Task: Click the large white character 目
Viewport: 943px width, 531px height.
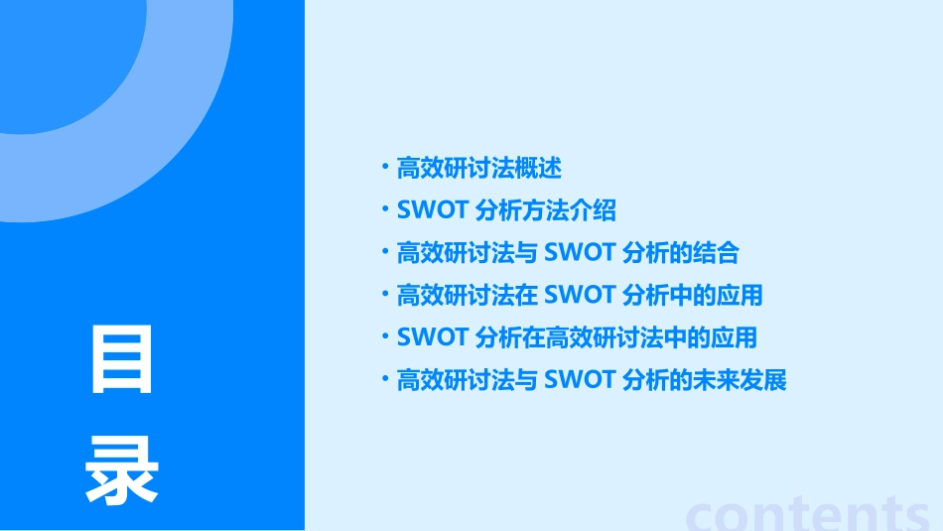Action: [122, 360]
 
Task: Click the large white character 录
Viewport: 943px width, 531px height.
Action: [122, 470]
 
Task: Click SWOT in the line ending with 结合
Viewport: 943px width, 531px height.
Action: [580, 253]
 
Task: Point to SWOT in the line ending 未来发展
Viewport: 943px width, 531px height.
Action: [580, 380]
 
